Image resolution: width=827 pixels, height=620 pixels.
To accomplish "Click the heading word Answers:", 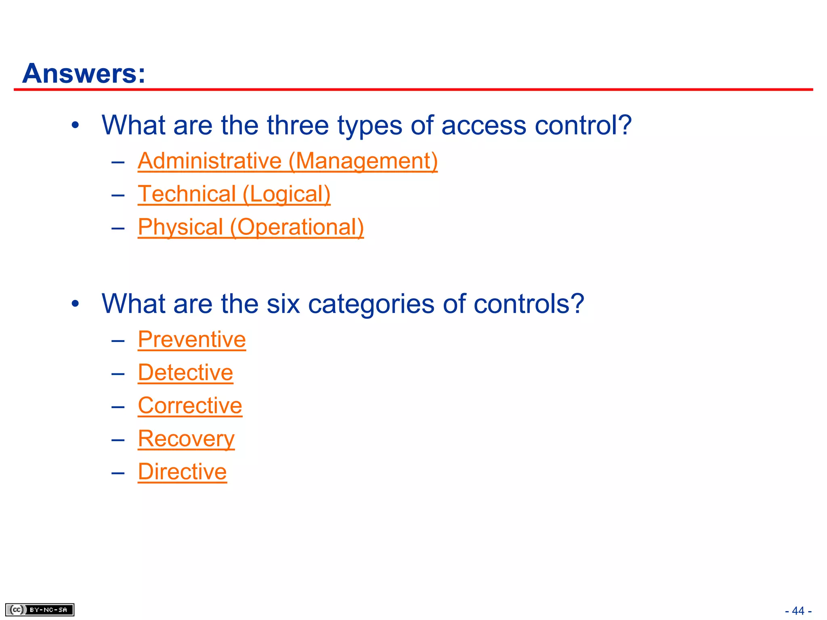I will (84, 74).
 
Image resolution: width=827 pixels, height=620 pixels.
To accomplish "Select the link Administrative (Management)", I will (288, 161).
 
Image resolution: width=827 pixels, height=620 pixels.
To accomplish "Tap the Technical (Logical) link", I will (234, 194).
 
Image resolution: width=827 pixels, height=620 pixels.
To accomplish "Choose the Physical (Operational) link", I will (251, 227).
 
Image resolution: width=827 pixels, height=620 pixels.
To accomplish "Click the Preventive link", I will (192, 339).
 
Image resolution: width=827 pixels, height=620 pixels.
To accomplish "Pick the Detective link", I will (185, 373).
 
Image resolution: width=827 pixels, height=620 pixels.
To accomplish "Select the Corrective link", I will (190, 406).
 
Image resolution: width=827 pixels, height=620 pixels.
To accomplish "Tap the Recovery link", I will (186, 439).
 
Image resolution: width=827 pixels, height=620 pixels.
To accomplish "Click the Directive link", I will (182, 472).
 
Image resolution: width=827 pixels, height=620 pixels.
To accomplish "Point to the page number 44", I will (798, 611).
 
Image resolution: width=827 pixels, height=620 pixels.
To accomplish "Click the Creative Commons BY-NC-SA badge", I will (40, 610).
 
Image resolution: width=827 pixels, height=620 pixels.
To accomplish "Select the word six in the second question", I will (283, 304).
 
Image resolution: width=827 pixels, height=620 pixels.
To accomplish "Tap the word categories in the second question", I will (371, 304).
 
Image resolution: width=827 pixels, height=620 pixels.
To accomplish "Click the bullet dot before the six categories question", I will (75, 304).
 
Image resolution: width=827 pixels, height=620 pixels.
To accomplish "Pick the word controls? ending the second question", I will (529, 304).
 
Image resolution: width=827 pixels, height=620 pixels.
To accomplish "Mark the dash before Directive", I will (118, 473).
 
